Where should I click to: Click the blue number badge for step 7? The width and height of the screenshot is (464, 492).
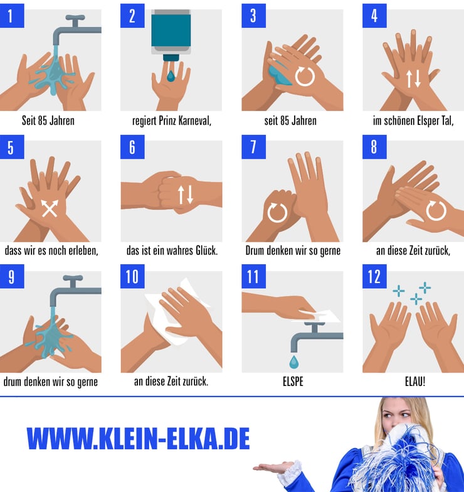253,147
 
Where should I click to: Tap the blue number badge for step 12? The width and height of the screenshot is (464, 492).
374,276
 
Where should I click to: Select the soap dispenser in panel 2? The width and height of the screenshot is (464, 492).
171,34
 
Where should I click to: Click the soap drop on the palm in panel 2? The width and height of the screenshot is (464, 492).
171,76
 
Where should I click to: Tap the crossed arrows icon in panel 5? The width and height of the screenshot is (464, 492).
50,208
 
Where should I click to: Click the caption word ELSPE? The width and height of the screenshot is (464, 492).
293,382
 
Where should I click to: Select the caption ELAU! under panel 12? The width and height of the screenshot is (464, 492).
415,382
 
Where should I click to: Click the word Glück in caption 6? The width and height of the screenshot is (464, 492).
207,250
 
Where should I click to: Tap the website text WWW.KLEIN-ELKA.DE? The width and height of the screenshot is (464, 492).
138,438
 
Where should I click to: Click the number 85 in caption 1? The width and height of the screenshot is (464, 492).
42,120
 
